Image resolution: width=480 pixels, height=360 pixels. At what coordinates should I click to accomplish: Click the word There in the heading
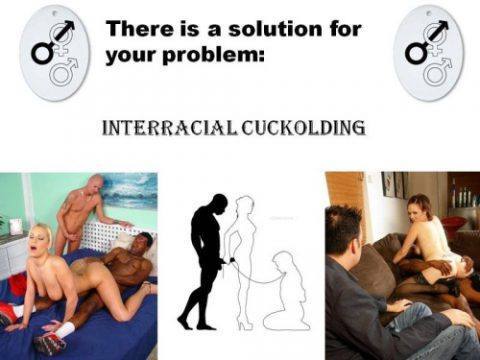click(x=140, y=29)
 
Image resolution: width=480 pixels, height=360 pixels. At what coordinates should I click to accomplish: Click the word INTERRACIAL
click(x=169, y=127)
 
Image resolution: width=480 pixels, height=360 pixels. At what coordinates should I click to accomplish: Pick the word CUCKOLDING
click(x=303, y=128)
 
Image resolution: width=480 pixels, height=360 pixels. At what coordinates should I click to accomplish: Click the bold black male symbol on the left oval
click(x=53, y=43)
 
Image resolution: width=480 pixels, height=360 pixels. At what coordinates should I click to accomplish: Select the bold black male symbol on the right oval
click(x=427, y=43)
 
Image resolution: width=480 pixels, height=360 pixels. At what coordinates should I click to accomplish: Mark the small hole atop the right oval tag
click(x=430, y=12)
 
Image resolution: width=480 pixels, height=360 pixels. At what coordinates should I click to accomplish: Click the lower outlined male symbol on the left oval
click(x=63, y=71)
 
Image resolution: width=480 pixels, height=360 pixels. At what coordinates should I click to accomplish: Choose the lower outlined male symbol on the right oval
click(x=437, y=71)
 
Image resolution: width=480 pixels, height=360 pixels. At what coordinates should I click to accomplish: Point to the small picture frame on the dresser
click(x=16, y=226)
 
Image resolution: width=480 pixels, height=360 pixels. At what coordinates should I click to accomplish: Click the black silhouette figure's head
click(x=219, y=203)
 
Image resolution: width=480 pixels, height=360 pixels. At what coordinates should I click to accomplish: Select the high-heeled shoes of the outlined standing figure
click(x=245, y=323)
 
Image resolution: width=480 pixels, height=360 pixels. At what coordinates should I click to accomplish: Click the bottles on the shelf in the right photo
click(x=465, y=196)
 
